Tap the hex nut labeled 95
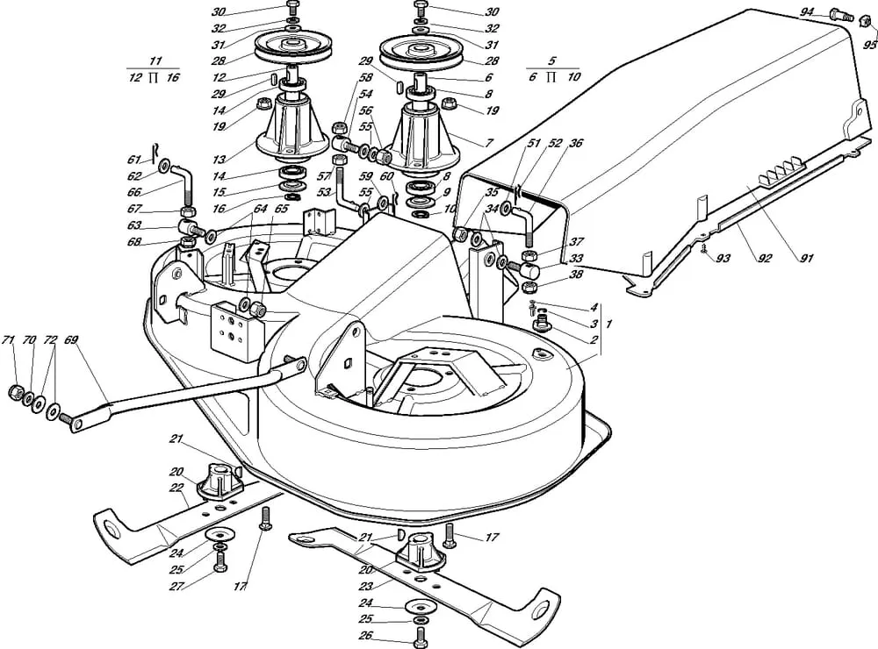[865, 21]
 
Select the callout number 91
[807, 259]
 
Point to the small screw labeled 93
[702, 248]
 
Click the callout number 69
[71, 339]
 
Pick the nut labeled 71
[15, 392]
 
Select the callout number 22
[176, 488]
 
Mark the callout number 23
[365, 587]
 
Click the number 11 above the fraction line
[155, 61]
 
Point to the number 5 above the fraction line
[553, 61]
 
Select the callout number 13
[219, 160]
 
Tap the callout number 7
[489, 143]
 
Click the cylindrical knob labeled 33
[529, 272]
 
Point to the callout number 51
[534, 143]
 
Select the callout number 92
[765, 259]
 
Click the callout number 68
[133, 242]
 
